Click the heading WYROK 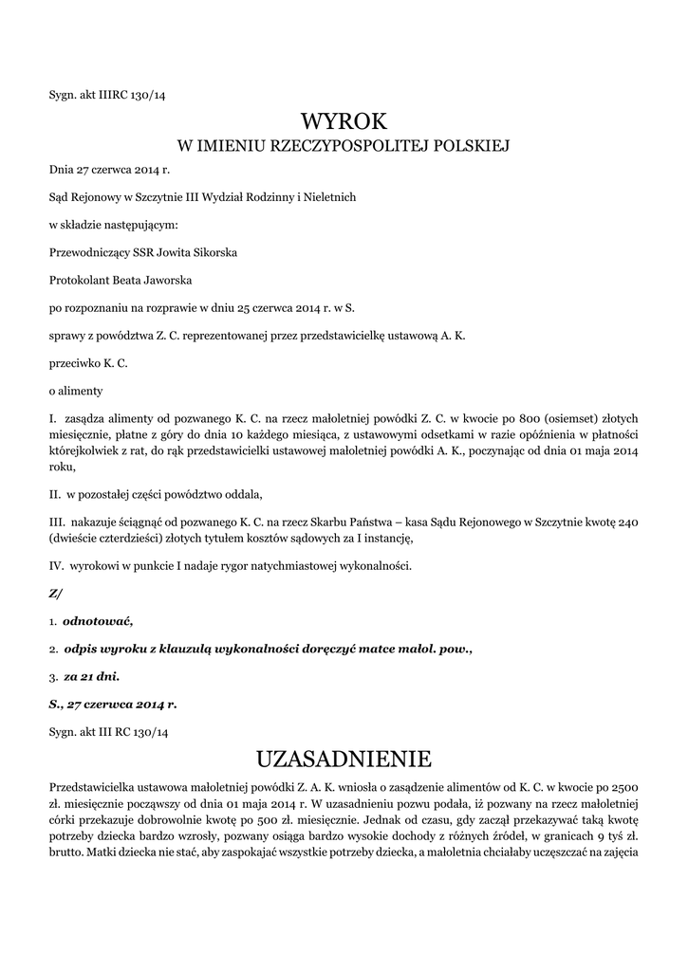coord(344,121)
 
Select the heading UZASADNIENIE coord(344,759)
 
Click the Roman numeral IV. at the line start coord(56,566)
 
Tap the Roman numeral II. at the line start coord(55,494)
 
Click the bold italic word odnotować coord(98,621)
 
